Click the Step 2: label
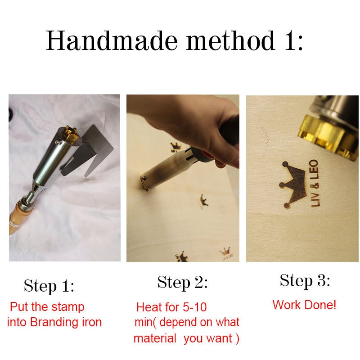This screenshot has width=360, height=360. click(x=182, y=282)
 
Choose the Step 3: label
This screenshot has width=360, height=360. click(x=305, y=280)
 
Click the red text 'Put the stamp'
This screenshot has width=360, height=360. click(x=47, y=307)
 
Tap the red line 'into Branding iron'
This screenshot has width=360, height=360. click(x=54, y=322)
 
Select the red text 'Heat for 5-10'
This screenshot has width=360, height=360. click(x=171, y=307)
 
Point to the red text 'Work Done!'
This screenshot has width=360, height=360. click(x=304, y=305)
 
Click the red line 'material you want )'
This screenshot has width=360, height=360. click(x=186, y=338)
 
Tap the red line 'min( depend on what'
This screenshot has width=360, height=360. click(x=187, y=323)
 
